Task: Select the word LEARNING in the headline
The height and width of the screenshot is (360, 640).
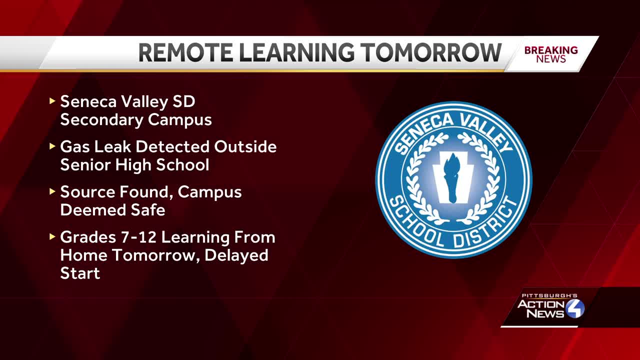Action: coord(298,53)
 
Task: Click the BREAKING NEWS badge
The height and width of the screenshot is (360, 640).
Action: coord(551,54)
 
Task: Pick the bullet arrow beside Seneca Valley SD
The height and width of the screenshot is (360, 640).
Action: coord(52,101)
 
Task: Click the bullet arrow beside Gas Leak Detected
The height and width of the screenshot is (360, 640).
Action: coord(52,146)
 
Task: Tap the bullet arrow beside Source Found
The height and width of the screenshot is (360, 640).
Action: coord(52,191)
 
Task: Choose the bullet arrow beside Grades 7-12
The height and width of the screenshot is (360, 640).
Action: coord(52,236)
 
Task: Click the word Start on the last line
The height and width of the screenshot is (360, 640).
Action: coord(80,273)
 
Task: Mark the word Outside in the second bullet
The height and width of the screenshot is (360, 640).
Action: coord(245,147)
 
